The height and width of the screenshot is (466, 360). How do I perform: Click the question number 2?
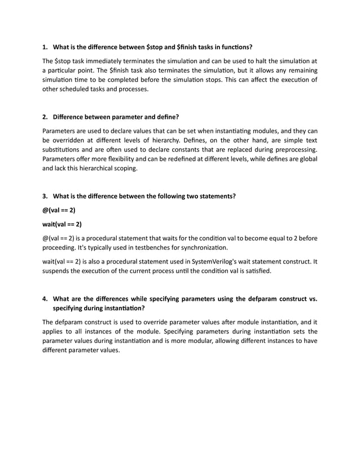pos(45,117)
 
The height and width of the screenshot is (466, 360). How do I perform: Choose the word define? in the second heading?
pos(166,117)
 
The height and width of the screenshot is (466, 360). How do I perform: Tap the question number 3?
pos(45,196)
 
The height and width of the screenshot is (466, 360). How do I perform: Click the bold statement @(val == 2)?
pos(59,210)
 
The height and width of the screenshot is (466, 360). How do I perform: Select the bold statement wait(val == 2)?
pos(62,224)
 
